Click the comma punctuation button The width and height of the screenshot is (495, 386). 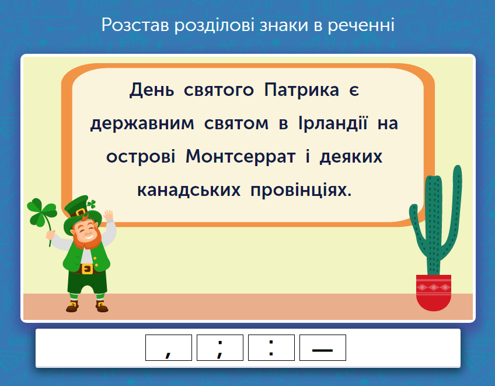(168, 348)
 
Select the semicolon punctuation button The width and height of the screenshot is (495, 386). (219, 348)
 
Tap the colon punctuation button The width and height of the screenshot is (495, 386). (271, 348)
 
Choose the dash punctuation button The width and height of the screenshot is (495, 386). (322, 348)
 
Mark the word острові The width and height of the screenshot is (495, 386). (140, 157)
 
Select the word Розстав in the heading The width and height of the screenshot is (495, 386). (135, 25)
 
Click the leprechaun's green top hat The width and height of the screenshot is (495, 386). (76, 207)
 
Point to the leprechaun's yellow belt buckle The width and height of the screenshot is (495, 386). (88, 269)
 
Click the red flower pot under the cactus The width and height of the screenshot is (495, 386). (434, 292)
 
